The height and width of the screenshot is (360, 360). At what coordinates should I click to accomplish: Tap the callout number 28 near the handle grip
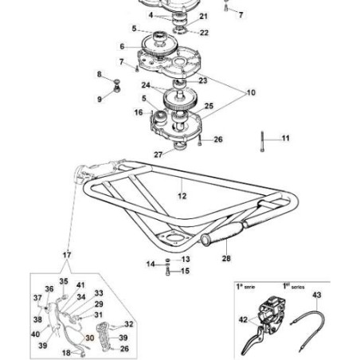pyautogui.click(x=225, y=257)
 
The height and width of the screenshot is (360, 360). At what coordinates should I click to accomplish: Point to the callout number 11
pyautogui.click(x=285, y=138)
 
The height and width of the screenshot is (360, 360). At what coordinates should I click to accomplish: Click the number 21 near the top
pyautogui.click(x=202, y=16)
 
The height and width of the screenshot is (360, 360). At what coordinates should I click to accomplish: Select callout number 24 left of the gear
pyautogui.click(x=146, y=84)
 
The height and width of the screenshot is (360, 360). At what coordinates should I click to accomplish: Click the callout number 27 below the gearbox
pyautogui.click(x=158, y=154)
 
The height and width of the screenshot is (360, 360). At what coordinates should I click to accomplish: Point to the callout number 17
pyautogui.click(x=66, y=255)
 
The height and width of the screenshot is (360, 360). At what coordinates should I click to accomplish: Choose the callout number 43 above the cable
pyautogui.click(x=316, y=295)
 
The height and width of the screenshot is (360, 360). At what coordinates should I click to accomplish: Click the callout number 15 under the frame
pyautogui.click(x=185, y=271)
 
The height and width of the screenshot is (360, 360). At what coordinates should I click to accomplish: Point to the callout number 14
pyautogui.click(x=151, y=264)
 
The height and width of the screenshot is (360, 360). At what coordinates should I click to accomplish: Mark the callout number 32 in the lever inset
pyautogui.click(x=129, y=324)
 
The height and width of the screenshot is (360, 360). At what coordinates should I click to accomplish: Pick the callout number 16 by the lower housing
pyautogui.click(x=139, y=113)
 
